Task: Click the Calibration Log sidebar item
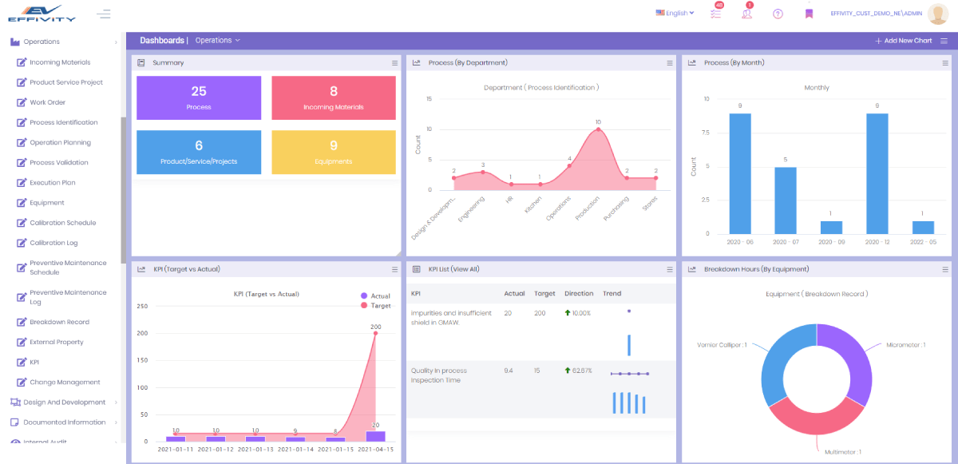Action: [x=53, y=243]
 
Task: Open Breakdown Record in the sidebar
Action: [x=59, y=322]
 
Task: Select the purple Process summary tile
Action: [x=199, y=97]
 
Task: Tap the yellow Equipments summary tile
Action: [x=334, y=152]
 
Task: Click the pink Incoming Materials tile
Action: [x=334, y=97]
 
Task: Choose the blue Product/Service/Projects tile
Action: [x=199, y=152]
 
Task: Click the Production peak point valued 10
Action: [x=598, y=129]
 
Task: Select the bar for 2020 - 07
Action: [x=785, y=200]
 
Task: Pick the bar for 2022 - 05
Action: [x=923, y=227]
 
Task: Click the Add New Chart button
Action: [x=903, y=41]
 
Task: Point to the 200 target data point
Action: [x=375, y=333]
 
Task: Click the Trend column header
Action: [x=612, y=293]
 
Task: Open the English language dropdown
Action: [x=675, y=13]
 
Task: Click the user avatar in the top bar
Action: [x=937, y=14]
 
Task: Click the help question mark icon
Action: [x=778, y=14]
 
